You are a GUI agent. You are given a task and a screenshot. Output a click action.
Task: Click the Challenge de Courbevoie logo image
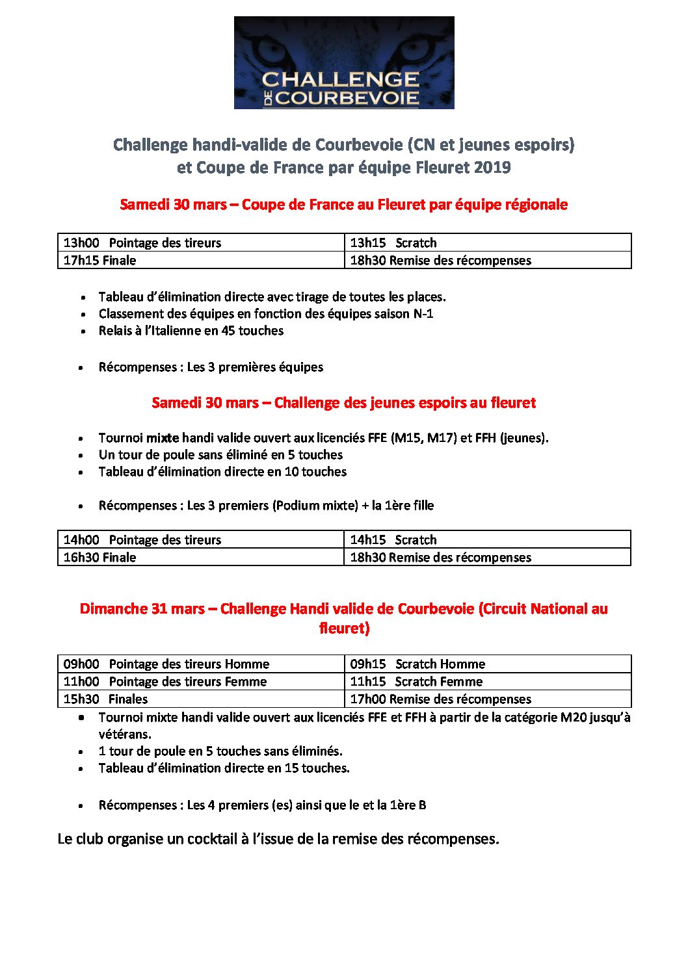(344, 63)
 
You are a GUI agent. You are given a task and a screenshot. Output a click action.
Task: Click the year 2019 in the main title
(492, 168)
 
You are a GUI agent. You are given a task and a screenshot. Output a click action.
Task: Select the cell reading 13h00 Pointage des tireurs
(201, 243)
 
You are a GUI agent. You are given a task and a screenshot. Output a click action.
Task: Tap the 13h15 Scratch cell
(488, 243)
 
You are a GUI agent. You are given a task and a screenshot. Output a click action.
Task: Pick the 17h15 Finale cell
(201, 261)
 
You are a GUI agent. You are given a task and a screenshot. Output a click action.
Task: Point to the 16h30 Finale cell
(201, 558)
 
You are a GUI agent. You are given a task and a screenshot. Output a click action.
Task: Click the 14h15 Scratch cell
(488, 540)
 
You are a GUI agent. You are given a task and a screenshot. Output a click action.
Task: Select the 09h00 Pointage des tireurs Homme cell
(201, 664)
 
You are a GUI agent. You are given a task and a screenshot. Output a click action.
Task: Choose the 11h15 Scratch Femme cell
(488, 682)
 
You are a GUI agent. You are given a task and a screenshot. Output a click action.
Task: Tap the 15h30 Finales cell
(201, 699)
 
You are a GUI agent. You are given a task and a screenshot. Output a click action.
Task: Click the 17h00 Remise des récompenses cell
(488, 699)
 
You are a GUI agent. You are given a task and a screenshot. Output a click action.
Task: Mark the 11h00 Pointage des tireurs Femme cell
(201, 682)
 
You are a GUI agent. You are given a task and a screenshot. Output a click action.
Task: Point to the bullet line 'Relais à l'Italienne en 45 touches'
(191, 331)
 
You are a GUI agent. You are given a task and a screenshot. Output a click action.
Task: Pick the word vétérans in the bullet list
(125, 734)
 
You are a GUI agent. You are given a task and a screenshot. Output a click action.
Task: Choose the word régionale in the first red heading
(533, 205)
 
